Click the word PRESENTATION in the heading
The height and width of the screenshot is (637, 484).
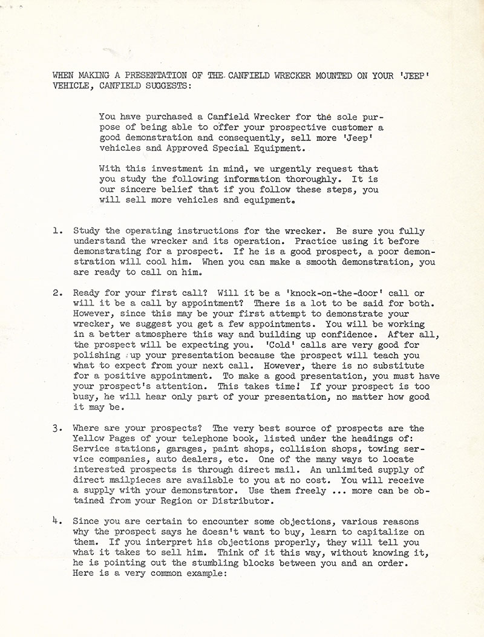(x=154, y=76)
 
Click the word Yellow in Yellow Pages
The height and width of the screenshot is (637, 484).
(x=88, y=439)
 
